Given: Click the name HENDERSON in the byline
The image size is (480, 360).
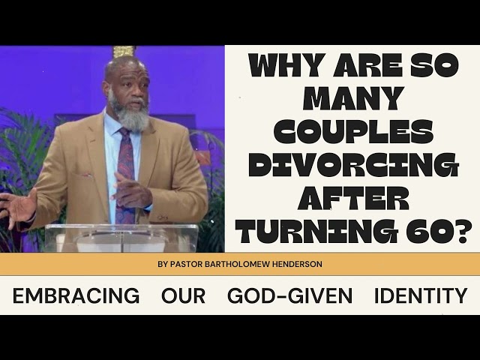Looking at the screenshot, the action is click(x=296, y=264).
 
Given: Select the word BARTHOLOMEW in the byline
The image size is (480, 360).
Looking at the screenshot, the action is click(x=236, y=264).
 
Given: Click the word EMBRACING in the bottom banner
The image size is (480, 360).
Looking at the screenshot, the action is click(x=76, y=295).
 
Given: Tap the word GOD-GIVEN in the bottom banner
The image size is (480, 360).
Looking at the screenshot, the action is click(x=290, y=295).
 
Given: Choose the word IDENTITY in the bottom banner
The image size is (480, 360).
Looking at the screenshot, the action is click(x=421, y=295).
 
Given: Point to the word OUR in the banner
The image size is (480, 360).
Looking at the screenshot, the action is click(x=183, y=295).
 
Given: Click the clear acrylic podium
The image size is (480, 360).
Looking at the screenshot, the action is click(x=121, y=238).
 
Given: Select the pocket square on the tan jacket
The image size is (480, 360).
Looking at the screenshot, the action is click(x=87, y=175).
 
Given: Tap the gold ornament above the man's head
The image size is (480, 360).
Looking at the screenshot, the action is click(x=124, y=52).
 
